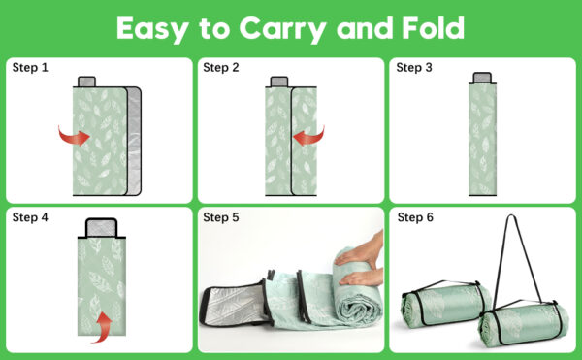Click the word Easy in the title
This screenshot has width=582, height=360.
coord(152,29)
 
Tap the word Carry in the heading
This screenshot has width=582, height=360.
coord(282,29)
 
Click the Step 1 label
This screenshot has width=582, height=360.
coord(30,68)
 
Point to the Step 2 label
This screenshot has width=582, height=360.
coord(221,68)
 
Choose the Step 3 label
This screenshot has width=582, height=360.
coord(414,68)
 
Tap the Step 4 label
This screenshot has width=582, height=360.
coord(30,217)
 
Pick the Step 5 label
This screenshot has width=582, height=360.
coord(221,217)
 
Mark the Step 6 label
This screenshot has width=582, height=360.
coord(415,217)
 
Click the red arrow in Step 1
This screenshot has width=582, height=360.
coord(75,137)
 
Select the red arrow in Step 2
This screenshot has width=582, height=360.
coord(308,137)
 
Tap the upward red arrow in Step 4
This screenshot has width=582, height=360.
coord(103,328)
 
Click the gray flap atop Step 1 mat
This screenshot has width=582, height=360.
coord(87,82)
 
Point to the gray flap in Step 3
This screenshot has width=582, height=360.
coord(482,78)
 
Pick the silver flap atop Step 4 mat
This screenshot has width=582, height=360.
coord(102,228)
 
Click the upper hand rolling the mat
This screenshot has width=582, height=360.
coord(359,251)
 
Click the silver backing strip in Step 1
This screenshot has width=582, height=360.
coord(134,142)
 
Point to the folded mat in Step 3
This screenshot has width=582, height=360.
coord(482,139)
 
